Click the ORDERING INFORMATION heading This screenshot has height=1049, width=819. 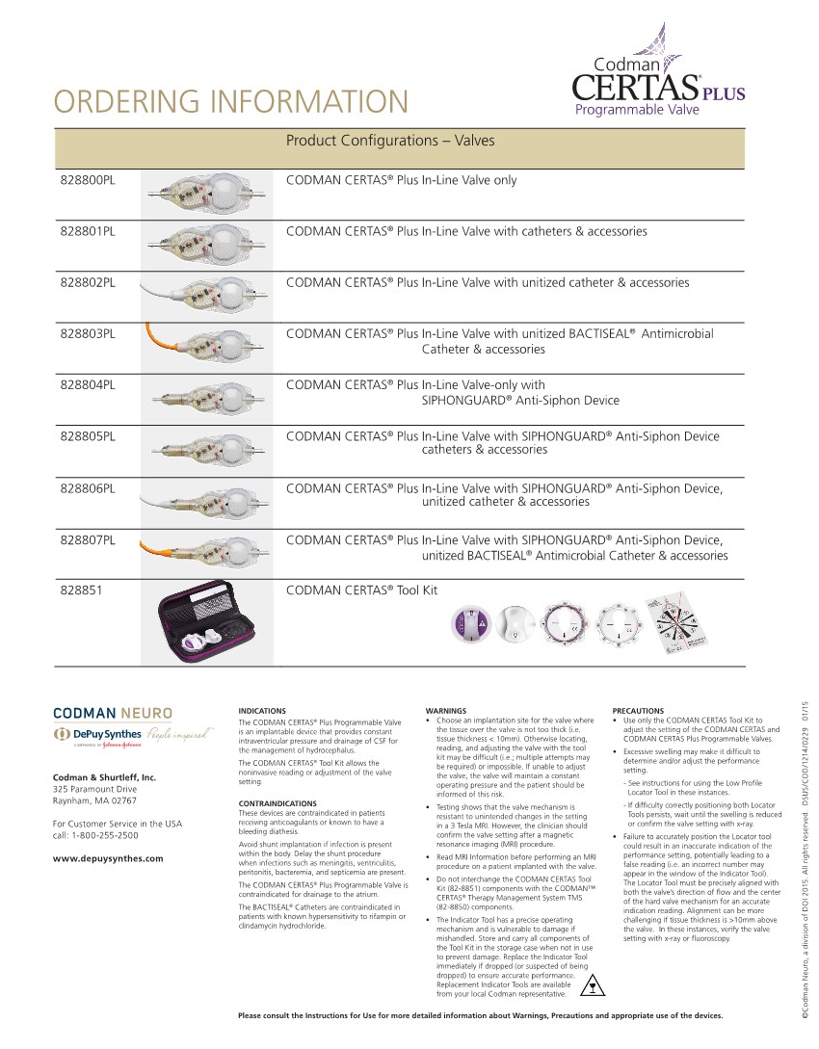(x=231, y=101)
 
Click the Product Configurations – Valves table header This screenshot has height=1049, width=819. (x=390, y=141)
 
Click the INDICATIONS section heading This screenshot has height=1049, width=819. (x=262, y=711)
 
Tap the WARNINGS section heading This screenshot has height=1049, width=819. (x=446, y=711)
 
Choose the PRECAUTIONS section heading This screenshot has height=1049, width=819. (x=638, y=711)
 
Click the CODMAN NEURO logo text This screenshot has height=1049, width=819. (x=113, y=714)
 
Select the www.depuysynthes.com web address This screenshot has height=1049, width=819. (x=108, y=858)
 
